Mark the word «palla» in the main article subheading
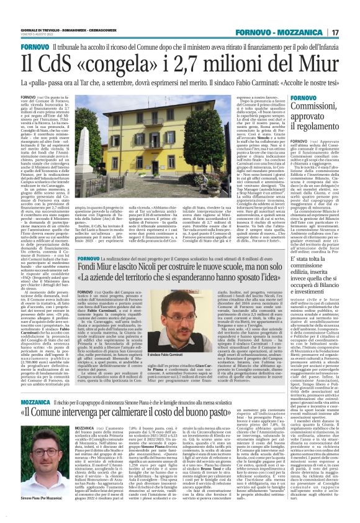pyautogui.click(x=32, y=82)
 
